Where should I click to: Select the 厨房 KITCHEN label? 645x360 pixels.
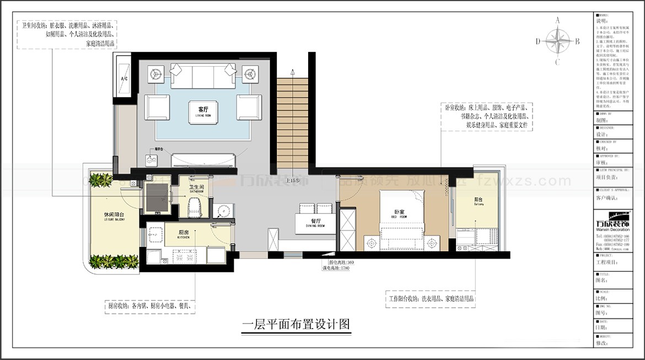pyautogui.click(x=184, y=234)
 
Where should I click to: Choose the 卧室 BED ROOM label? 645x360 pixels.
pyautogui.click(x=400, y=213)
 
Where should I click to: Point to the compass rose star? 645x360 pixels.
pyautogui.click(x=558, y=40)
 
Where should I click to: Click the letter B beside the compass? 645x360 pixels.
pyautogui.click(x=577, y=41)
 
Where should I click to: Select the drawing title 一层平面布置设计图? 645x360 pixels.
pyautogui.click(x=297, y=324)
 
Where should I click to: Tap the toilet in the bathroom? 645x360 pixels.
pyautogui.click(x=193, y=207)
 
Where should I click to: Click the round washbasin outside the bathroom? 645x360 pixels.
pyautogui.click(x=222, y=211)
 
